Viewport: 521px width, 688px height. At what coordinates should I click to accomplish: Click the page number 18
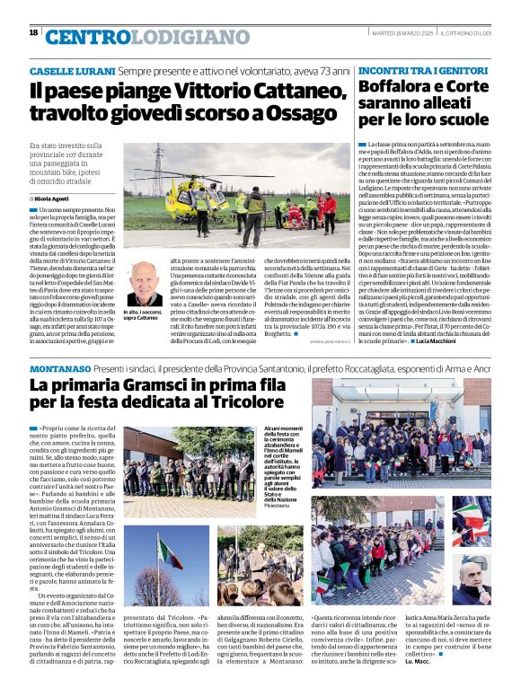(33, 32)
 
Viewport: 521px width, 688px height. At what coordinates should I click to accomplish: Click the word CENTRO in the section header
(79, 36)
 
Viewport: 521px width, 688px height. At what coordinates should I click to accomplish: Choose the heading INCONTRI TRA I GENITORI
(411, 70)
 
